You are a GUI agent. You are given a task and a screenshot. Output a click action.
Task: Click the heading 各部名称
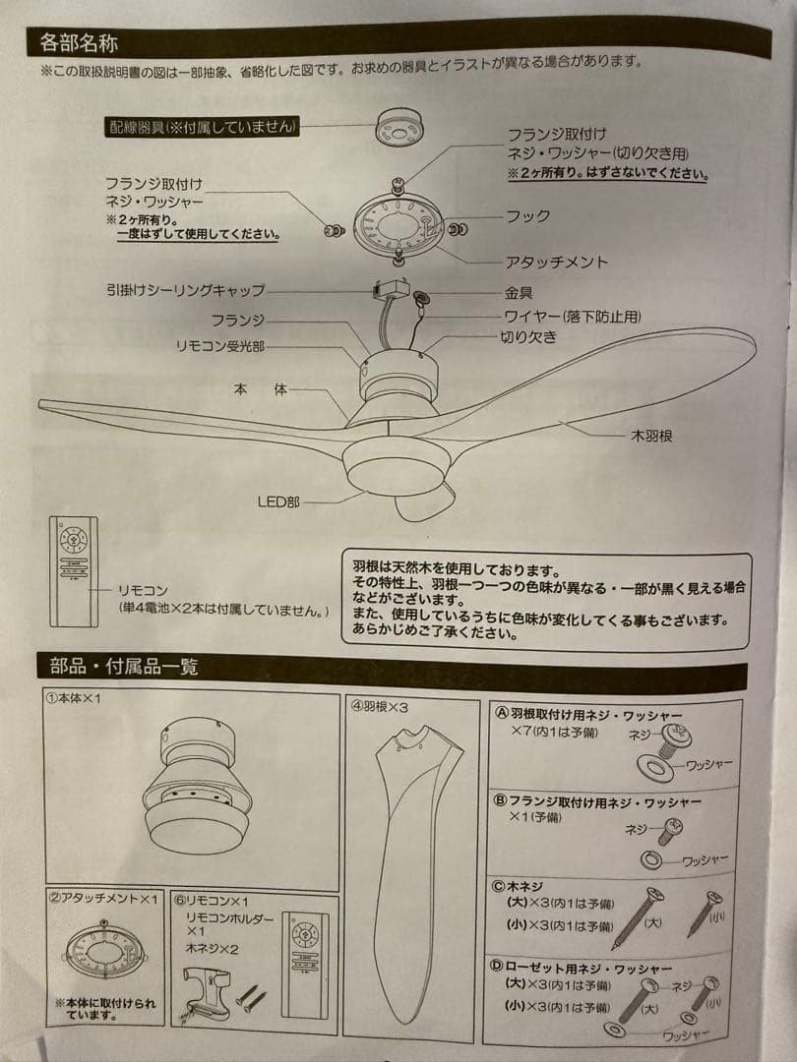[80, 43]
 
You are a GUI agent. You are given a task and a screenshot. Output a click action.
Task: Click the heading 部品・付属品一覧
[124, 667]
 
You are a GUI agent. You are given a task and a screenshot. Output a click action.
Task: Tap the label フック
[528, 216]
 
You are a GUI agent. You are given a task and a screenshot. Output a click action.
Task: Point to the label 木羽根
[650, 434]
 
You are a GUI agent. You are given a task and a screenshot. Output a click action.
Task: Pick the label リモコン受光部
[219, 346]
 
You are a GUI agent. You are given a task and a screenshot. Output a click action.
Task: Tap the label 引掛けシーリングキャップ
[186, 290]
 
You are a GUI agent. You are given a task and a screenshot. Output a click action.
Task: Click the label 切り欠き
[529, 336]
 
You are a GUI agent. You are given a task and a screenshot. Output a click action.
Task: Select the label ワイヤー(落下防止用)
[571, 316]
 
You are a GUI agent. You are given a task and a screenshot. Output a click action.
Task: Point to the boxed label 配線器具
[202, 127]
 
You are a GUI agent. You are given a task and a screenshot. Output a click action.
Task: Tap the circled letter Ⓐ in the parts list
[501, 715]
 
